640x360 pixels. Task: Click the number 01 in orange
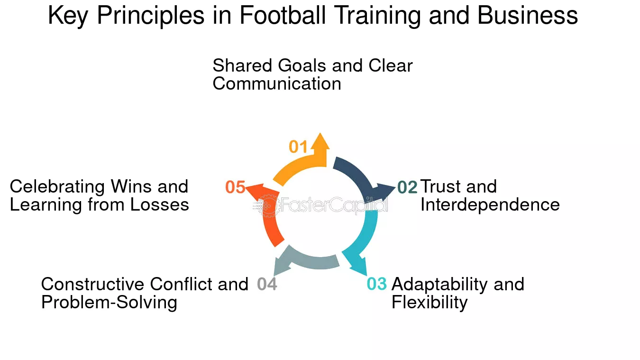pyautogui.click(x=299, y=147)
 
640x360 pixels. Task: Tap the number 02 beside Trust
pyautogui.click(x=407, y=187)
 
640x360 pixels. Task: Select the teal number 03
pyautogui.click(x=377, y=284)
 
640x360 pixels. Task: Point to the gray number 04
pyautogui.click(x=267, y=284)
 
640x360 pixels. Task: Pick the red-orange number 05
pyautogui.click(x=235, y=187)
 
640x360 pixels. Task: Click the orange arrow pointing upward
pyautogui.click(x=303, y=164)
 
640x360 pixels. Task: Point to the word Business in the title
pyautogui.click(x=527, y=16)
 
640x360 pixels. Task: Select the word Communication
pyautogui.click(x=276, y=83)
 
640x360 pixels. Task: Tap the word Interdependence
pyautogui.click(x=490, y=204)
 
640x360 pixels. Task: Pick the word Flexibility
pyautogui.click(x=429, y=302)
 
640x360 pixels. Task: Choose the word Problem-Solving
pyautogui.click(x=109, y=302)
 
